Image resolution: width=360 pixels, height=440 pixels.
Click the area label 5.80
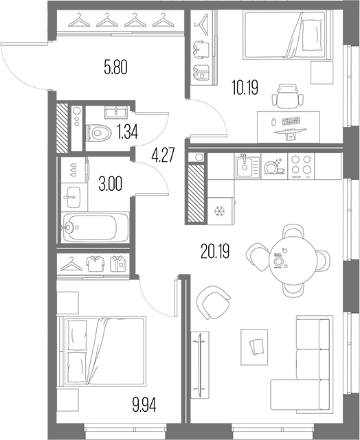115,68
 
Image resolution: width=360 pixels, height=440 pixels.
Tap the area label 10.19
245,87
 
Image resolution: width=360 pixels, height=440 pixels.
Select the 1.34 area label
128,132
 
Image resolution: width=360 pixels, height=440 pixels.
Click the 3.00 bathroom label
111,185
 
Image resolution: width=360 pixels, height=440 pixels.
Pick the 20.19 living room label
216,251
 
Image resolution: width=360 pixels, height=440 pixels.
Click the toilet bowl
98,132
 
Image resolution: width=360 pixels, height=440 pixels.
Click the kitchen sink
247,166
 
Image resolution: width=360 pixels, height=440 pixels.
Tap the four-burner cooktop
302,166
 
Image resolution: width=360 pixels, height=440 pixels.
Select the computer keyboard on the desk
291,121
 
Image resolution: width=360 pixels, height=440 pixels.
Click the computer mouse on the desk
273,122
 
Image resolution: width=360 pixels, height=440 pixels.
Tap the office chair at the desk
288,97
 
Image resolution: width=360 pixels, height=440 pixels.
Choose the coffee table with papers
254,347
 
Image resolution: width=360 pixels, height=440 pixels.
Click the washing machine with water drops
74,170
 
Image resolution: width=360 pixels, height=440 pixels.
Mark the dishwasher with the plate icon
274,166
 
